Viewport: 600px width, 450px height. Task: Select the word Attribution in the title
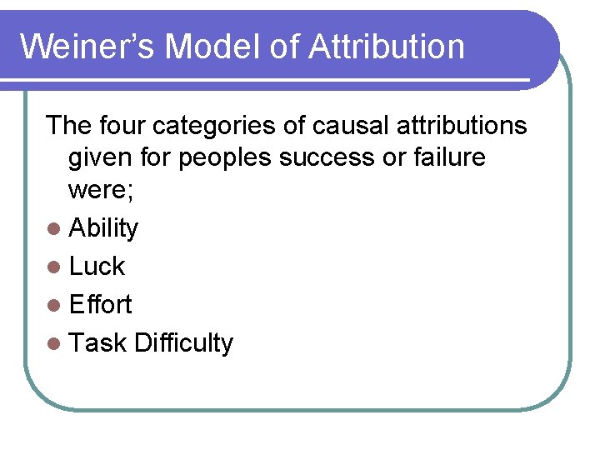pyautogui.click(x=386, y=46)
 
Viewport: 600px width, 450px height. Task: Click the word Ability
pyautogui.click(x=103, y=228)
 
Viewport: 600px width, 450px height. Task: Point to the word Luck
pyautogui.click(x=97, y=267)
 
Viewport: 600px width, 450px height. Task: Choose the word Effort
pyautogui.click(x=100, y=305)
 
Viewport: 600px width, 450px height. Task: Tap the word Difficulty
pyautogui.click(x=183, y=343)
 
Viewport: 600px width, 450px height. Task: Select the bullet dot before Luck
pyautogui.click(x=54, y=267)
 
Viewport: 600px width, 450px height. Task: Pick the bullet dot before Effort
pyautogui.click(x=54, y=306)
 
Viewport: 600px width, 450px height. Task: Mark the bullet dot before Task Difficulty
pyautogui.click(x=54, y=344)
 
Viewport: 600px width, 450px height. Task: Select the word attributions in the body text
pyautogui.click(x=462, y=126)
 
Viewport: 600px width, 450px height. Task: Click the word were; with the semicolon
pyautogui.click(x=98, y=190)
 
